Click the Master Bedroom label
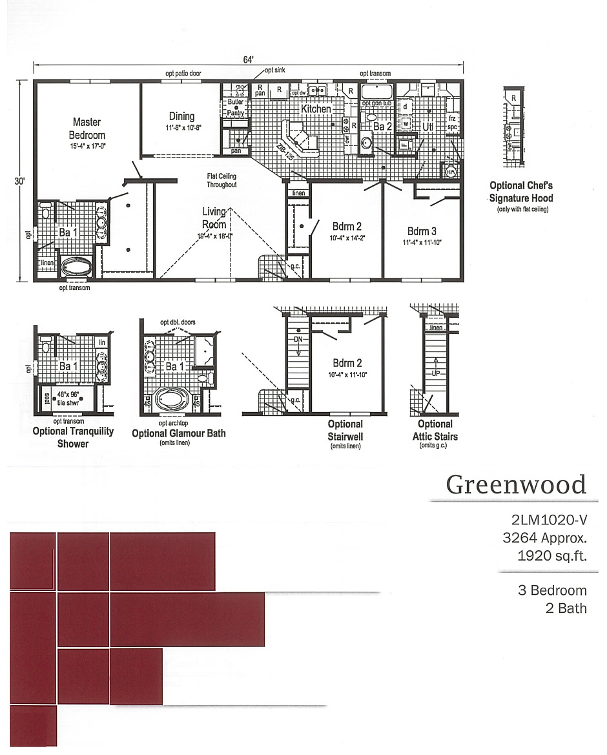[87, 129]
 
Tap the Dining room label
[181, 116]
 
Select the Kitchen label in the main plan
[316, 109]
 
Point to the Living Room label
[214, 218]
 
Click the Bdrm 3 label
[422, 231]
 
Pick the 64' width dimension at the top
[248, 60]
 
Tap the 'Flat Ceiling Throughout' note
[221, 180]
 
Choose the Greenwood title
[516, 484]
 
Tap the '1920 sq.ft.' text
[552, 555]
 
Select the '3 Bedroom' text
[552, 590]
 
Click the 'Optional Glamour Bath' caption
[179, 433]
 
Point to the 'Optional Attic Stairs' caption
[435, 429]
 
